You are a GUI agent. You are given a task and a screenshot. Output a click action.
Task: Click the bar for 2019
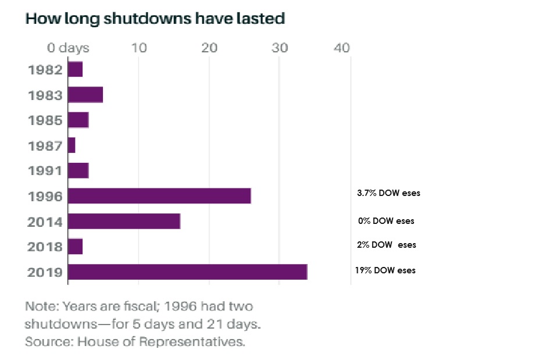pyautogui.click(x=187, y=272)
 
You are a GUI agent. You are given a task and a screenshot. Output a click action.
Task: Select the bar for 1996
pyautogui.click(x=159, y=196)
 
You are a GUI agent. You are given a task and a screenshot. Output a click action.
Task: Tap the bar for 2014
pyautogui.click(x=124, y=221)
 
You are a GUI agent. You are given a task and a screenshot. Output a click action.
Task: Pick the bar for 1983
pyautogui.click(x=85, y=94)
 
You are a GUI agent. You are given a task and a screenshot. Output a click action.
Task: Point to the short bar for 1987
pyautogui.click(x=72, y=145)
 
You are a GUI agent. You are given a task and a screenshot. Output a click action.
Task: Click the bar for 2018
pyautogui.click(x=76, y=247)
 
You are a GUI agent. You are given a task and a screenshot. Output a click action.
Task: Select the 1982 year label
pyautogui.click(x=45, y=70)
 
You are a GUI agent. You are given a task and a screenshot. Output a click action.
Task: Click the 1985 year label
pyautogui.click(x=45, y=120)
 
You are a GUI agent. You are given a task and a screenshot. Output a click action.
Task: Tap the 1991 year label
pyautogui.click(x=45, y=170)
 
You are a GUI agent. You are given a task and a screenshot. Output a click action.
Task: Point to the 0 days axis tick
pyautogui.click(x=69, y=47)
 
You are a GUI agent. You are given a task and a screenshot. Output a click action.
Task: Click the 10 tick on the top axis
pyautogui.click(x=139, y=47)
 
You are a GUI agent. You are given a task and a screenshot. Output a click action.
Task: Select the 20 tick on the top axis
pyautogui.click(x=209, y=47)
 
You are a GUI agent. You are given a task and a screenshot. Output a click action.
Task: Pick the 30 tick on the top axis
pyautogui.click(x=280, y=47)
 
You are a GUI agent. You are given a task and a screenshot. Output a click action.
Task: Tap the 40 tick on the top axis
pyautogui.click(x=342, y=47)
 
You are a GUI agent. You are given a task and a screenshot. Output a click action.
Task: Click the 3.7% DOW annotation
pyautogui.click(x=388, y=193)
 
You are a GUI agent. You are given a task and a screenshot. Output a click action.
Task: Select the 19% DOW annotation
pyautogui.click(x=385, y=270)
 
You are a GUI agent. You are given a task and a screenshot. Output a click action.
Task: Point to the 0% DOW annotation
pyautogui.click(x=386, y=221)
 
